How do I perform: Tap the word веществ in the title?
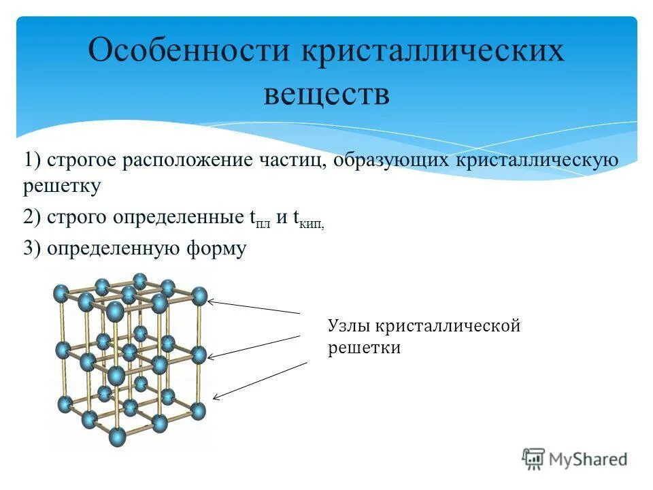[326, 95]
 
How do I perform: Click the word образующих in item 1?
[386, 161]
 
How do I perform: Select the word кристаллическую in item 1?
[531, 161]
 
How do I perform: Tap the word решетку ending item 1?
[62, 185]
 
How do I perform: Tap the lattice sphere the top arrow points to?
[199, 296]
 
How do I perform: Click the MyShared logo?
[575, 459]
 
